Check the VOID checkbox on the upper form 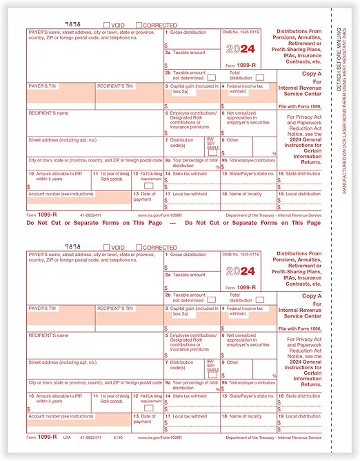[x=107, y=24]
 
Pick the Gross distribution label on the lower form [x=187, y=254]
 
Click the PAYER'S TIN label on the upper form [x=41, y=86]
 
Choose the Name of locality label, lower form [x=240, y=415]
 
